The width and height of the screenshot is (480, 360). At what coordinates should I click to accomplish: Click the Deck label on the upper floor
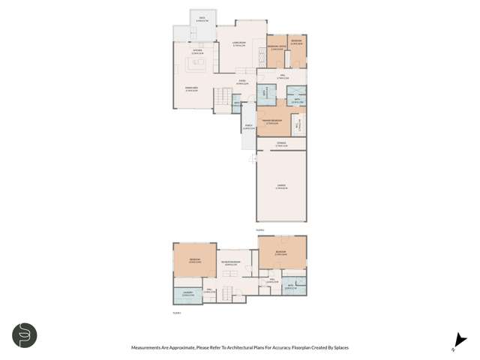click(x=201, y=19)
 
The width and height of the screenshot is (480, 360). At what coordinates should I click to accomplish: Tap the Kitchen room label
click(x=197, y=52)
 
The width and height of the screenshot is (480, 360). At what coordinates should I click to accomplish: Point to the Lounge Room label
click(x=240, y=43)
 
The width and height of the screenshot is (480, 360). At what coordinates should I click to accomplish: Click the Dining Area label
click(x=191, y=89)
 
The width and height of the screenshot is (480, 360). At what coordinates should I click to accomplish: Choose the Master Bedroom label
click(x=272, y=122)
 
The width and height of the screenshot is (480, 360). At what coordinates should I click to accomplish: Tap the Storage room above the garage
click(x=281, y=143)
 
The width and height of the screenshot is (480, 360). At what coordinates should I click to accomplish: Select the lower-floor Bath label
click(x=290, y=286)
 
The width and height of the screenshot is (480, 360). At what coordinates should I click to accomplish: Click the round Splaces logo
click(x=25, y=335)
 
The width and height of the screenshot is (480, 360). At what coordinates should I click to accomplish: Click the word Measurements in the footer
click(x=148, y=348)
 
